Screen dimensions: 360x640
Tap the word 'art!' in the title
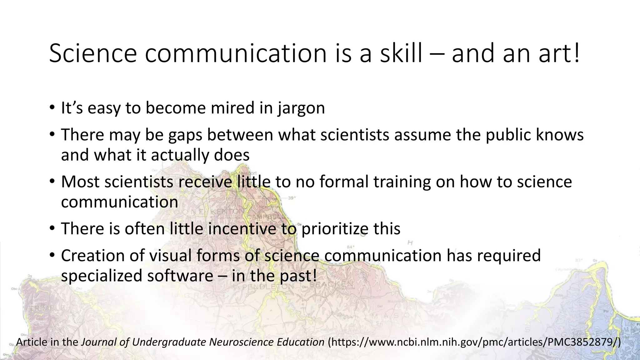click(x=559, y=53)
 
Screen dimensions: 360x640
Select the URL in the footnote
click(x=473, y=342)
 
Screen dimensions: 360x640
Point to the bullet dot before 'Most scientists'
click(x=52, y=182)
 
